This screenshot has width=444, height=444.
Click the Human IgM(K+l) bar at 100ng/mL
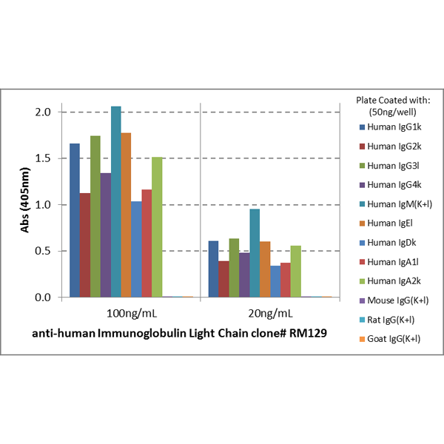click(x=116, y=202)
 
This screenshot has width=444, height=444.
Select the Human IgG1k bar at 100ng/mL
click(x=75, y=221)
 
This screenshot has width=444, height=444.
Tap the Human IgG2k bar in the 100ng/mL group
click(x=85, y=245)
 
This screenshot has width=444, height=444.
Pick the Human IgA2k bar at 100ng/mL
click(x=157, y=227)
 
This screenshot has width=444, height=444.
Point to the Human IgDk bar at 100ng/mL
click(x=136, y=249)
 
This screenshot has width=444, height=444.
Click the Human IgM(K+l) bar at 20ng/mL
click(x=255, y=253)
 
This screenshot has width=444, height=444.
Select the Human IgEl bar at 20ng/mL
click(x=265, y=269)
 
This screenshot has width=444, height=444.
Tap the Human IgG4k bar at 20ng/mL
click(x=244, y=275)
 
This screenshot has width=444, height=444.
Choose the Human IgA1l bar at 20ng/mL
click(x=286, y=280)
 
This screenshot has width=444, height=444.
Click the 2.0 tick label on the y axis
click(x=43, y=112)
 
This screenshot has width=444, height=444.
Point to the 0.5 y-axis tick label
click(x=43, y=251)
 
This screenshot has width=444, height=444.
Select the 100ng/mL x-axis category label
click(x=132, y=314)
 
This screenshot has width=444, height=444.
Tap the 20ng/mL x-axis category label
click(x=270, y=314)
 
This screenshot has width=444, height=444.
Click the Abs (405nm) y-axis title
click(x=25, y=201)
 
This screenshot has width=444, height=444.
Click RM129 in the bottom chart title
click(x=308, y=333)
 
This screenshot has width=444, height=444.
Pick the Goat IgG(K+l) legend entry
click(x=390, y=339)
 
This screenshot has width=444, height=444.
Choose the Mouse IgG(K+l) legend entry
click(x=394, y=300)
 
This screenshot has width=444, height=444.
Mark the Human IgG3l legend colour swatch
click(x=362, y=166)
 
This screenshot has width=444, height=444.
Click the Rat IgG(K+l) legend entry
click(x=387, y=320)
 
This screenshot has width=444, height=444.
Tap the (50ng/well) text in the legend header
click(x=392, y=112)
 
